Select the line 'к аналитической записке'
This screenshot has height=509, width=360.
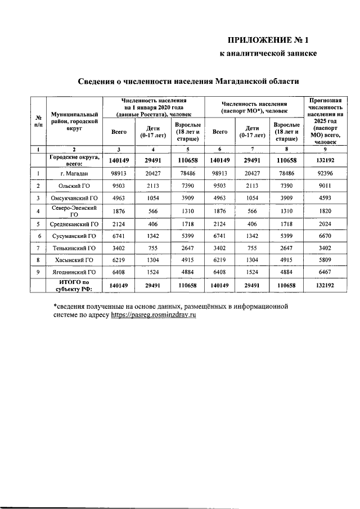pyautogui.click(x=268, y=54)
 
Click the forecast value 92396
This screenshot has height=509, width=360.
pyautogui.click(x=326, y=174)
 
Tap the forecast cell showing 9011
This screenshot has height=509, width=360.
pyautogui.click(x=326, y=186)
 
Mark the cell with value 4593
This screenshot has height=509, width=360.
pyautogui.click(x=326, y=199)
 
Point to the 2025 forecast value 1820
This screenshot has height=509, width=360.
pyautogui.click(x=326, y=211)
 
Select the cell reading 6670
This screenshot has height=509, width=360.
pyautogui.click(x=326, y=236)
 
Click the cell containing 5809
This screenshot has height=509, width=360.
pyautogui.click(x=326, y=260)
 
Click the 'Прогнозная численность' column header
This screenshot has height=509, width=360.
pyautogui.click(x=326, y=121)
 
